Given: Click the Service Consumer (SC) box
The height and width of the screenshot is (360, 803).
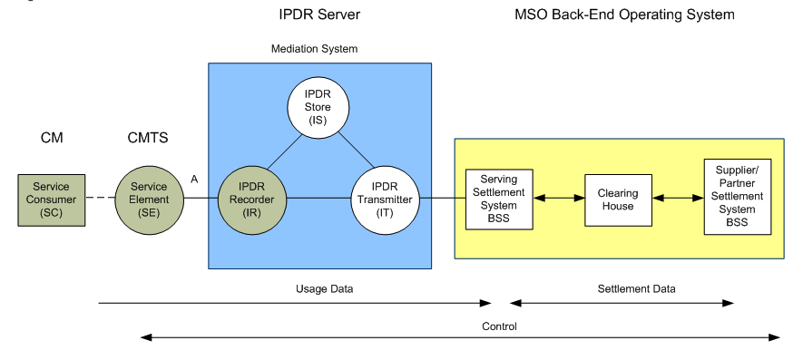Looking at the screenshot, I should pos(51,199).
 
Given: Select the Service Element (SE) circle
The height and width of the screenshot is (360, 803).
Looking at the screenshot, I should pos(149,199).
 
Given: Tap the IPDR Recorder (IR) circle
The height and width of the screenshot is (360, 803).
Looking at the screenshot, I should pos(252,199).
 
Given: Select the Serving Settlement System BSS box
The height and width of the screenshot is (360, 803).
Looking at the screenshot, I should pos(498,199).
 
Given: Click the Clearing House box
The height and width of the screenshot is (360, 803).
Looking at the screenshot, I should pos(617,199).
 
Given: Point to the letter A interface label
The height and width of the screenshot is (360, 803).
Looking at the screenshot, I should pos(194,180).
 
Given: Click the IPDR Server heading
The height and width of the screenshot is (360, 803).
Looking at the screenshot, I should pos(318,15).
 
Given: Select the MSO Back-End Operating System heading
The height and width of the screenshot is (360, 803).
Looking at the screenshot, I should pos(624,15).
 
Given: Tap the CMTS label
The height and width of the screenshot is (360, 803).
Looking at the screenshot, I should pos(147,139).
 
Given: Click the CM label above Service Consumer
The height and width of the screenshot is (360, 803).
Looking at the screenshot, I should pos(51,139).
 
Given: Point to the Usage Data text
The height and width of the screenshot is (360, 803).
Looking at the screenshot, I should pos(318,288).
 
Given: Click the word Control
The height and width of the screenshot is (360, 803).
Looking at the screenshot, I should pos(500,325).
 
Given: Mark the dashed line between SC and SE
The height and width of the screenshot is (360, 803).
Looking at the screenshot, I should pos(99,199).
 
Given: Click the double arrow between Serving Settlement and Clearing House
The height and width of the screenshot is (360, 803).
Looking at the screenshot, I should pos(559,198).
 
